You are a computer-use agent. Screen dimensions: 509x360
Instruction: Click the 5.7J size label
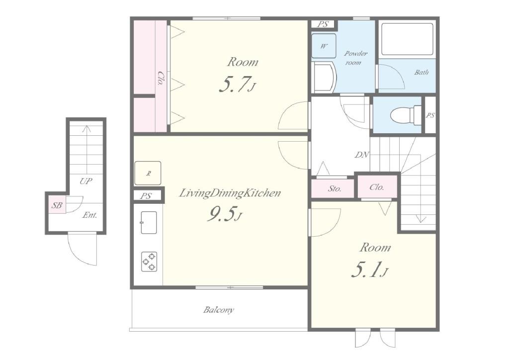[237, 85]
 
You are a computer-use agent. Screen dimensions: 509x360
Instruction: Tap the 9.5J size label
[225, 215]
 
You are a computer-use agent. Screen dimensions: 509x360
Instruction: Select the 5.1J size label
[369, 270]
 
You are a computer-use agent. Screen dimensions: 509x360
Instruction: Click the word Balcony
[219, 310]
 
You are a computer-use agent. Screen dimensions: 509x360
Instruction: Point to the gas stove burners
[149, 262]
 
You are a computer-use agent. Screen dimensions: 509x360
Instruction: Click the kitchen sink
[149, 222]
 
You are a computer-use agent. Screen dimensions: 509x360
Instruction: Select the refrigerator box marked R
[148, 173]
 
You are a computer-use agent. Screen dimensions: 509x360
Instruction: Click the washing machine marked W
[324, 46]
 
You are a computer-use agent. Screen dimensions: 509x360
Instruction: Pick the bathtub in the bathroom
[408, 39]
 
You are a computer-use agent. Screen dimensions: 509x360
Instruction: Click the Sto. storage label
[334, 188]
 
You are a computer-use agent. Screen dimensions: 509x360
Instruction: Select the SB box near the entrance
[57, 205]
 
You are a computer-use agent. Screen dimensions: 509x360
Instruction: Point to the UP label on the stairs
[85, 181]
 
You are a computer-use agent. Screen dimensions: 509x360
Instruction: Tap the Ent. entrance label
[89, 215]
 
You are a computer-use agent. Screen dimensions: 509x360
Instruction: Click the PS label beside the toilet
[430, 115]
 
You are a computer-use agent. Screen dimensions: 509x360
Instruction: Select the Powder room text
[355, 58]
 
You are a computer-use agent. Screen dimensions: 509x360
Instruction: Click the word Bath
[422, 72]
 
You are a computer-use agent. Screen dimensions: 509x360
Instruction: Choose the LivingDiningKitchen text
[230, 193]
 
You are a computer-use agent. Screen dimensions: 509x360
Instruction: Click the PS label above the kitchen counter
[146, 196]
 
